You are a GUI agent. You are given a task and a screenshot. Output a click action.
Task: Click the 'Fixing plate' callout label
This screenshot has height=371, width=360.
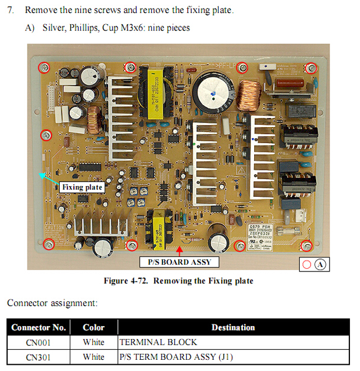click(x=82, y=187)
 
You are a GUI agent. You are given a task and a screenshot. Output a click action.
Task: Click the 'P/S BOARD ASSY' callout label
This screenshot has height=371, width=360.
click(x=179, y=262)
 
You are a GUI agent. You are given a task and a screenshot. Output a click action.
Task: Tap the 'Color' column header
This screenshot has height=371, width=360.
click(x=93, y=327)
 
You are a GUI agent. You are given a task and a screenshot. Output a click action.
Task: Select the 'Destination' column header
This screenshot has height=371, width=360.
click(x=233, y=327)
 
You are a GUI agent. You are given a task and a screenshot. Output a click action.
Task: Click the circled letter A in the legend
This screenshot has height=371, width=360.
click(x=320, y=264)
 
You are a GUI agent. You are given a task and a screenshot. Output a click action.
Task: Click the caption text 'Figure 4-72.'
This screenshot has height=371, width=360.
click(x=128, y=281)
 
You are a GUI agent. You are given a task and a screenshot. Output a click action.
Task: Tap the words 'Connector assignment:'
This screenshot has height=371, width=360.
click(x=52, y=303)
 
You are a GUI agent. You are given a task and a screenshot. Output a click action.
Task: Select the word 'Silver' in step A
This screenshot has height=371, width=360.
click(x=55, y=28)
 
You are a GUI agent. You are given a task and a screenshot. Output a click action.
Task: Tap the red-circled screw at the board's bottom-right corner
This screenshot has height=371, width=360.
click(x=307, y=245)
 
